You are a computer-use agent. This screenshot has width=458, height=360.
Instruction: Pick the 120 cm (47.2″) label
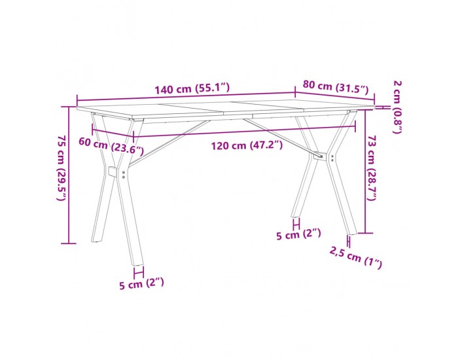pos(247,145)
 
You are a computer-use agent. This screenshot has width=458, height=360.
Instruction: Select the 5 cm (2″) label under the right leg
pos(298,234)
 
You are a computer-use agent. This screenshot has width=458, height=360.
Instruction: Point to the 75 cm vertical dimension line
pos(69,173)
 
